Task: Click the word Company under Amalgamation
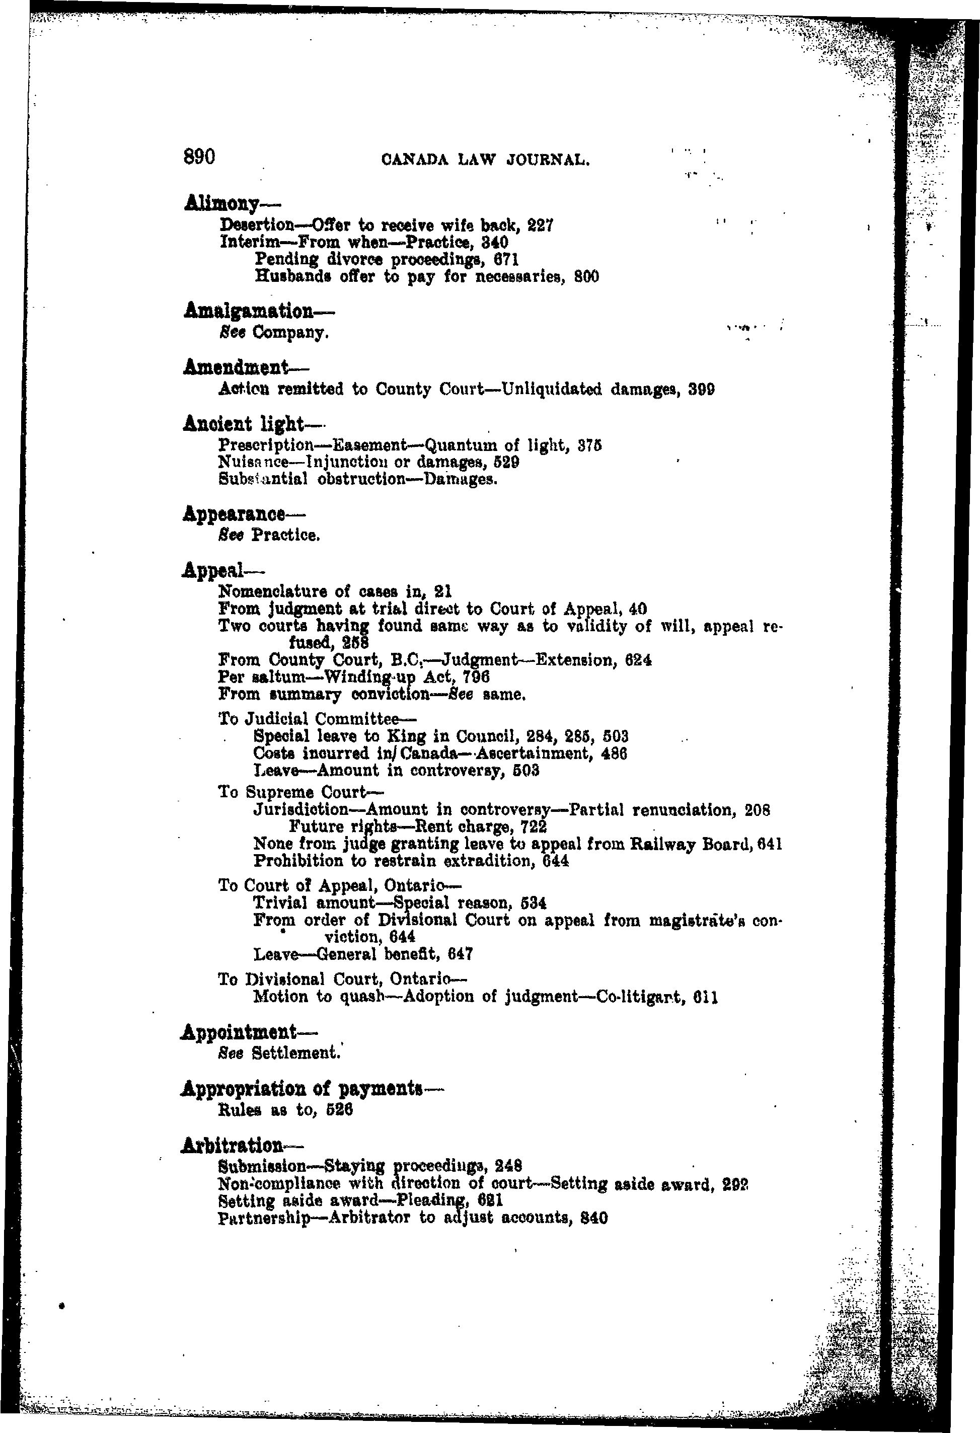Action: (288, 334)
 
